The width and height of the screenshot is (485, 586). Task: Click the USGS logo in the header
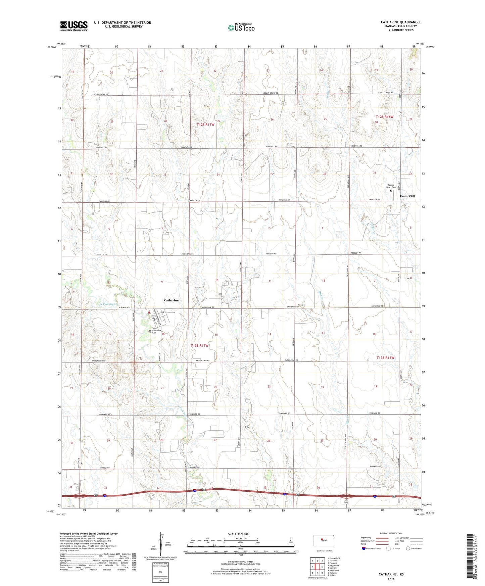[x=74, y=26]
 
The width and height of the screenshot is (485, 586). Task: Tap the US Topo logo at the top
[x=241, y=27]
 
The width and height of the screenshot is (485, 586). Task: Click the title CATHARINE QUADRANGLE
[x=401, y=22]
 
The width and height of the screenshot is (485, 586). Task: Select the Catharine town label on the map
[x=171, y=300]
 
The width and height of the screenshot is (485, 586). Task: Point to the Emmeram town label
[x=407, y=196]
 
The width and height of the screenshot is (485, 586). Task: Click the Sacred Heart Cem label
[x=391, y=186]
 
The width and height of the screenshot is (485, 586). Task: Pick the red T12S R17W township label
[x=205, y=125]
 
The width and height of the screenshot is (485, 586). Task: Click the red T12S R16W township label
[x=384, y=117]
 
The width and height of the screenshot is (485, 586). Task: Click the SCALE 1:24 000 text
[x=239, y=534]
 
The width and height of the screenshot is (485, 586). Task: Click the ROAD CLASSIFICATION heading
[x=391, y=533]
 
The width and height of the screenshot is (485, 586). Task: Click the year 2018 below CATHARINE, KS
[x=391, y=579]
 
